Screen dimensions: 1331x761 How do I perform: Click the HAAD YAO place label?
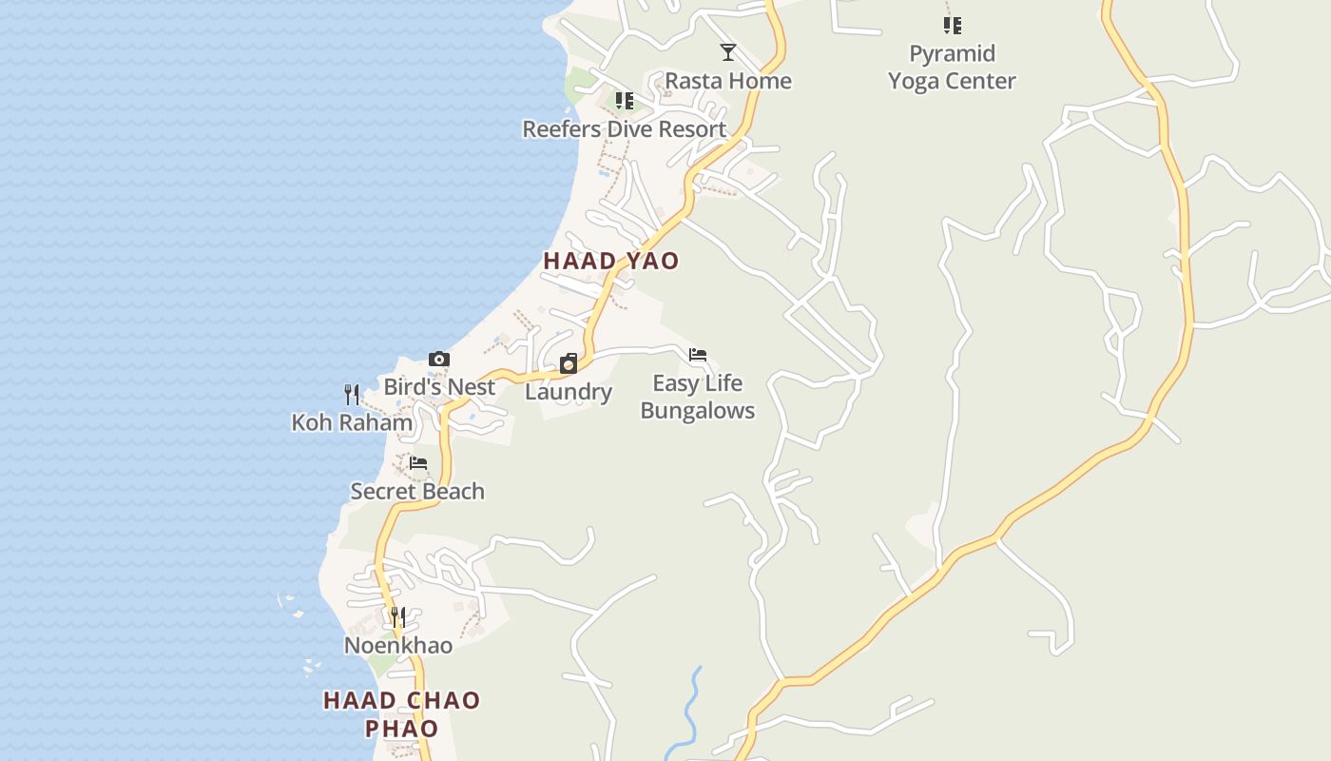611,261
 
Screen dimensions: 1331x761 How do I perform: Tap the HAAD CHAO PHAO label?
402,714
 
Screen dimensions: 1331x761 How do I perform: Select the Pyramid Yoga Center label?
952,68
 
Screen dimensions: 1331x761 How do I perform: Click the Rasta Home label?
728,81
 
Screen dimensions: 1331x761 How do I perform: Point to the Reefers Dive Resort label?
625,129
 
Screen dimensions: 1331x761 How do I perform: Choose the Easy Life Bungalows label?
698,397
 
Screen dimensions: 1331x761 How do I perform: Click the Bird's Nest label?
439,387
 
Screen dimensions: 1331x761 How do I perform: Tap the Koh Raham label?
352,422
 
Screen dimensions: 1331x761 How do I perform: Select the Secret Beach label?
417,492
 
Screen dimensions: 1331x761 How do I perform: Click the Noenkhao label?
398,646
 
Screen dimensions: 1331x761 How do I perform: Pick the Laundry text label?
569,392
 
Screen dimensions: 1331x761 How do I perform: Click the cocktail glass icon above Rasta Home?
728,52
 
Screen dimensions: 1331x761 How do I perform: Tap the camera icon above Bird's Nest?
438,360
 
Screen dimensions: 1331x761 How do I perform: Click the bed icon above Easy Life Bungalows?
698,356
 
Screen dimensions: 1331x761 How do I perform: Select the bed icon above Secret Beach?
417,464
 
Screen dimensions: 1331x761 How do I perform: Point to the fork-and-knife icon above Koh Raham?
352,394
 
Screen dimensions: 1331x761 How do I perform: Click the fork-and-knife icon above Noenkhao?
398,617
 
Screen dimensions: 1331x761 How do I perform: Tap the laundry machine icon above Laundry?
569,363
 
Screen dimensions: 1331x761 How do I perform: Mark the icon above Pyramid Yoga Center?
952,26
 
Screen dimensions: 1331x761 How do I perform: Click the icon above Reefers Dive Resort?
625,101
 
